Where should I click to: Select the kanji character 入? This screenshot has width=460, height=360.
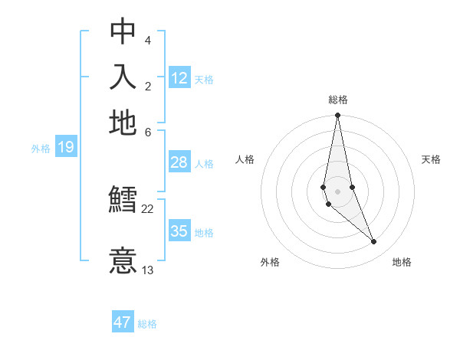point(123,77)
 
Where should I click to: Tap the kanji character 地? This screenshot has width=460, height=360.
point(123,123)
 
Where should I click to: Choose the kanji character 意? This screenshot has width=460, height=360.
point(123,260)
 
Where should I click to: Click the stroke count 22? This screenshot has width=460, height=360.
point(148,208)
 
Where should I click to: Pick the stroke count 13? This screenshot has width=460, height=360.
point(148,270)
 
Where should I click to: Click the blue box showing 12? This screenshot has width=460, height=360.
point(179,78)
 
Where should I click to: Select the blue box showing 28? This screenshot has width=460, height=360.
point(179,162)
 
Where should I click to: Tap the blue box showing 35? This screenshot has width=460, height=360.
point(179,231)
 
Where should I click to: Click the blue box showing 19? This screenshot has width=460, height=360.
point(65,147)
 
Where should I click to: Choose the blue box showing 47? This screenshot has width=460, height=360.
point(123,322)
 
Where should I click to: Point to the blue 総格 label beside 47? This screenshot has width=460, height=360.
point(147,324)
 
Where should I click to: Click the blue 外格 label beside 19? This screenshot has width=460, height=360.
point(40,149)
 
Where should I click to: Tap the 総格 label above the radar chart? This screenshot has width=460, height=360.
point(337,100)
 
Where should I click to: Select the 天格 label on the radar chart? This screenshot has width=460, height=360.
point(432,159)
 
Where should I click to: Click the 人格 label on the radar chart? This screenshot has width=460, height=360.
point(245,159)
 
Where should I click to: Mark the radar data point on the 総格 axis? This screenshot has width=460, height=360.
point(337,116)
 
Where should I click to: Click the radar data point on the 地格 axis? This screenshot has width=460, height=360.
point(374,242)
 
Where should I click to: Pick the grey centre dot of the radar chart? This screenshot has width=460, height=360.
point(337,191)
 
